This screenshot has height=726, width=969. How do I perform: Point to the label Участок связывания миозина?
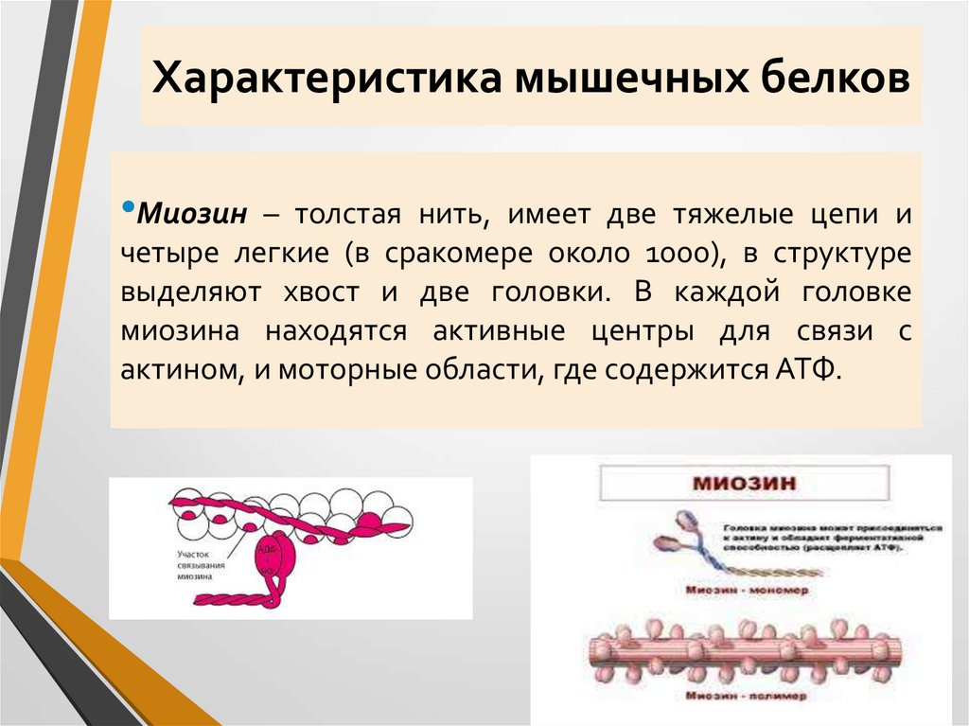201,564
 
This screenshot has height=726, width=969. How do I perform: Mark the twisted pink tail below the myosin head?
237,599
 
